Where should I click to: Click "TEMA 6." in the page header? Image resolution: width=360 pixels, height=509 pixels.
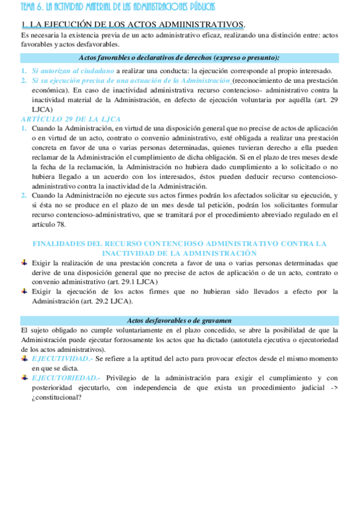tap(32, 7)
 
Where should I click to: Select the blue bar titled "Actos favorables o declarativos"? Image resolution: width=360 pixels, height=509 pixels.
tap(179, 58)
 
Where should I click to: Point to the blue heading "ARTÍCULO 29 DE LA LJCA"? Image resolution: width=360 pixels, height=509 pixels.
tap(70, 119)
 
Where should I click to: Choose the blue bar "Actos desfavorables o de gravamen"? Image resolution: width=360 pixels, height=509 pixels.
tap(179, 321)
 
